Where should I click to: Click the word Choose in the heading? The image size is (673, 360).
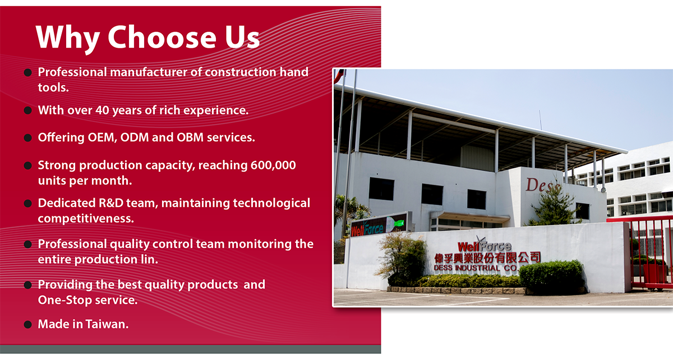(162, 38)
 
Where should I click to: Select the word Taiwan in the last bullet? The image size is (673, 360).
(107, 324)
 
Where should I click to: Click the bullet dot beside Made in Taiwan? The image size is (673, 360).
(27, 325)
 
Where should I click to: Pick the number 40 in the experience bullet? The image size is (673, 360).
(102, 110)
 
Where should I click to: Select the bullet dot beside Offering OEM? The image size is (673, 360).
(27, 138)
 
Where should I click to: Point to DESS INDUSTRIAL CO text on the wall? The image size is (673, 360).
(475, 268)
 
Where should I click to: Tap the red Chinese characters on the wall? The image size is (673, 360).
(487, 258)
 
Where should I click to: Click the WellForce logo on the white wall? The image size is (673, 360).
(484, 245)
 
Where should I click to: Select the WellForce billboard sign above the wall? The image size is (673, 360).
(379, 227)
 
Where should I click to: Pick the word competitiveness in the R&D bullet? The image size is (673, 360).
(86, 219)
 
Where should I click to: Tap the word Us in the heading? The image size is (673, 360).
(242, 38)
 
